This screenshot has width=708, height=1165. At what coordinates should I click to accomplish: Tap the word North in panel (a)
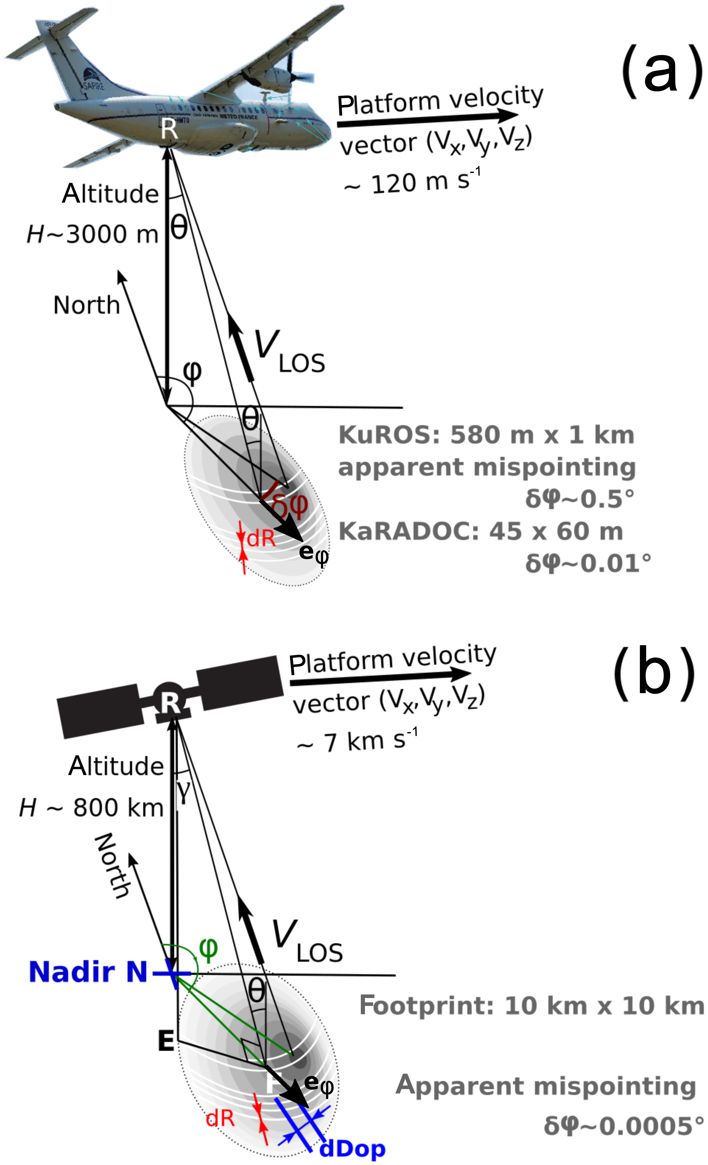tap(86, 305)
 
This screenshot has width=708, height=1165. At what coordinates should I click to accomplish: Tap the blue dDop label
tap(352, 1148)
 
